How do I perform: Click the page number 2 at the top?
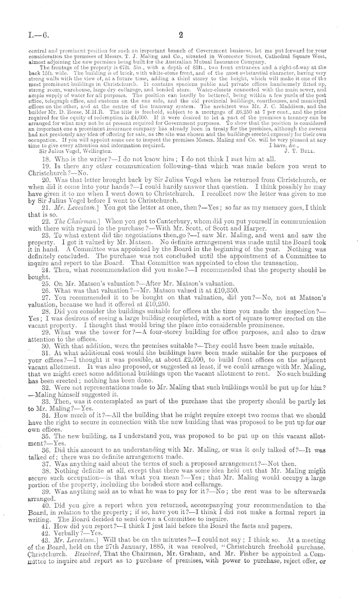tap(181, 36)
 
